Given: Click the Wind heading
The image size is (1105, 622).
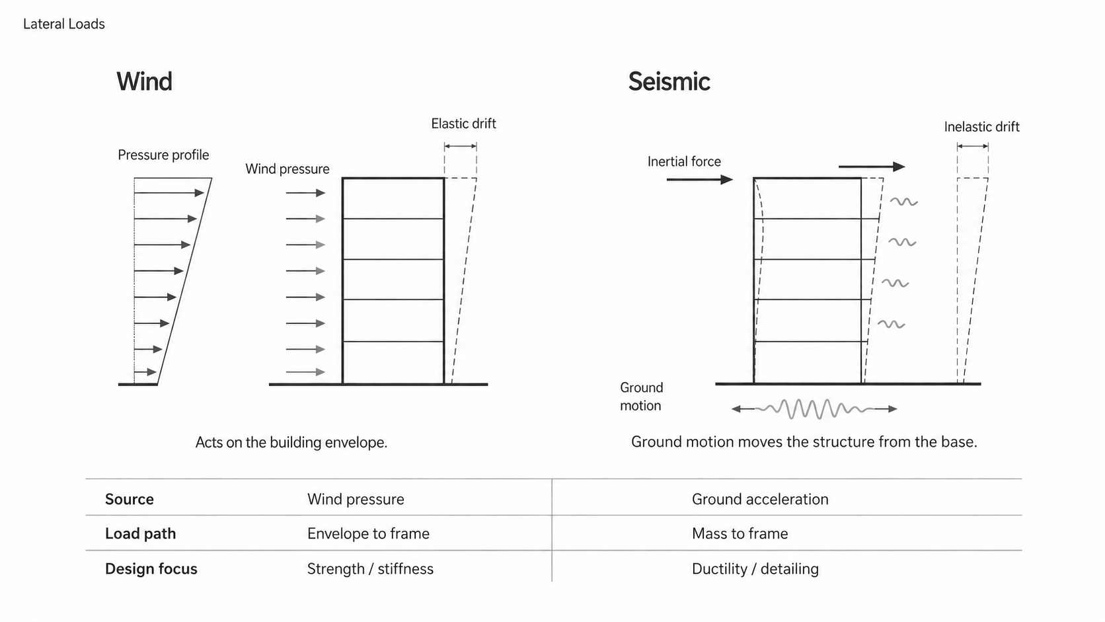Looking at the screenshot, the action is [x=144, y=81].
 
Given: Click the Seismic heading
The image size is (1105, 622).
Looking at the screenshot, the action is [x=669, y=81].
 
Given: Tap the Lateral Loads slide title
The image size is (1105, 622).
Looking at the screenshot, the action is [x=63, y=24].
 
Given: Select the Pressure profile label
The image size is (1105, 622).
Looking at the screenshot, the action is [x=163, y=155].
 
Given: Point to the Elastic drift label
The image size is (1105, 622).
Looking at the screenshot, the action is [x=463, y=124].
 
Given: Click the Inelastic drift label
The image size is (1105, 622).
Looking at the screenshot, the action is [x=981, y=127].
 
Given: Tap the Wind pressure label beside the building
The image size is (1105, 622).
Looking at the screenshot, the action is [x=287, y=169].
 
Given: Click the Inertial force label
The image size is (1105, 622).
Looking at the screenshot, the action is [x=684, y=161].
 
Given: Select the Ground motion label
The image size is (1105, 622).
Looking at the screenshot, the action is [x=641, y=397].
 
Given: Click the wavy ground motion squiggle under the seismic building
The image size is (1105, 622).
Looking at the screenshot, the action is [x=814, y=409].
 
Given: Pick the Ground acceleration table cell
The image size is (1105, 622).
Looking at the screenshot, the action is [x=760, y=499].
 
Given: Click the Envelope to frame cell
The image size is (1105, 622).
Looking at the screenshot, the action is [x=368, y=533].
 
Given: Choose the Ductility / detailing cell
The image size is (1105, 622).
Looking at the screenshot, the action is [x=755, y=568].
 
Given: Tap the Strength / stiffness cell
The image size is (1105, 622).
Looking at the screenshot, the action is [x=370, y=568].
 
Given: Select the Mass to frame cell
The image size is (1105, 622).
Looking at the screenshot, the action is [x=740, y=533].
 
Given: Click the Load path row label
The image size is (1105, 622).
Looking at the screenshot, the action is [x=140, y=533].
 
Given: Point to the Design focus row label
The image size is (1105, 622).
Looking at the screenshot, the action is [x=151, y=568].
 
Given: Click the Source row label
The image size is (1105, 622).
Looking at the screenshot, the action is [x=130, y=499].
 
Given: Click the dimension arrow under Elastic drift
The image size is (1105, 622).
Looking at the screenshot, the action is [x=460, y=146].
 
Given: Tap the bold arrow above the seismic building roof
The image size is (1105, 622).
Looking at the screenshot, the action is [x=872, y=167].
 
